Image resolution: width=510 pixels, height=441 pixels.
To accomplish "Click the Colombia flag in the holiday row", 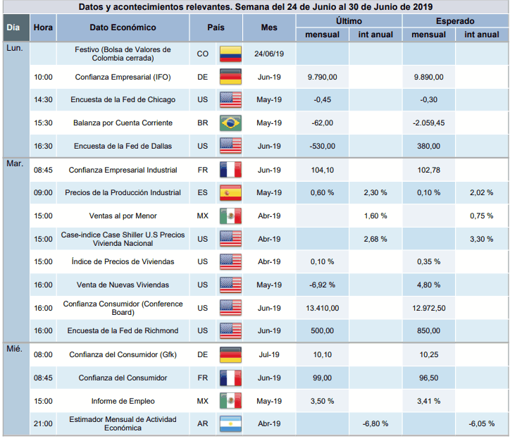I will (x=230, y=54).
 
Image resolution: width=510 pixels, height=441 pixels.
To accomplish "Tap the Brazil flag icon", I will (x=230, y=123).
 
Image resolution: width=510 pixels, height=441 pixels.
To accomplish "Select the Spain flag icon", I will (x=230, y=193).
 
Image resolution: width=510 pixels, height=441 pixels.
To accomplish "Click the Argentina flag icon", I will (x=230, y=423).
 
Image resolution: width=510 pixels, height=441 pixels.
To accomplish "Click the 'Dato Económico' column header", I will (x=123, y=27).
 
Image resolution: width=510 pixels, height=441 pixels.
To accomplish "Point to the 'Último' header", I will (x=349, y=22).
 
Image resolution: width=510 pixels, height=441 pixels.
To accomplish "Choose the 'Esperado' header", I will (x=454, y=22).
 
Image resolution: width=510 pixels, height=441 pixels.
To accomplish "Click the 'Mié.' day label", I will (x=14, y=349).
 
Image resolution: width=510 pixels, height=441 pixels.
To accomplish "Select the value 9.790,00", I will (x=323, y=77).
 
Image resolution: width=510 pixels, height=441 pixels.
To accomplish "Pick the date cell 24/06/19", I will (x=269, y=54).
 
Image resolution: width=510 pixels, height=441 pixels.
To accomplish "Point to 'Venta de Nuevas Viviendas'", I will (x=123, y=285).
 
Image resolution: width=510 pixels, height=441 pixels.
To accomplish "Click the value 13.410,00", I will (x=323, y=308).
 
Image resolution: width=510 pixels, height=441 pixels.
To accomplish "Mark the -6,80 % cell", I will (x=375, y=423).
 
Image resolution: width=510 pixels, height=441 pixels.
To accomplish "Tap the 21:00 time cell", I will (x=43, y=423).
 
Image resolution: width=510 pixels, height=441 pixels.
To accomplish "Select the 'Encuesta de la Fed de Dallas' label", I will (x=123, y=147).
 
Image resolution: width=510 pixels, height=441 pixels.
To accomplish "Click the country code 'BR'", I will (x=203, y=123).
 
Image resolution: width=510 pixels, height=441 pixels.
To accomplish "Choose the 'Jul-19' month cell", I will (x=269, y=355).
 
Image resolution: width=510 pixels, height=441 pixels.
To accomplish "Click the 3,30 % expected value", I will (x=481, y=239).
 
